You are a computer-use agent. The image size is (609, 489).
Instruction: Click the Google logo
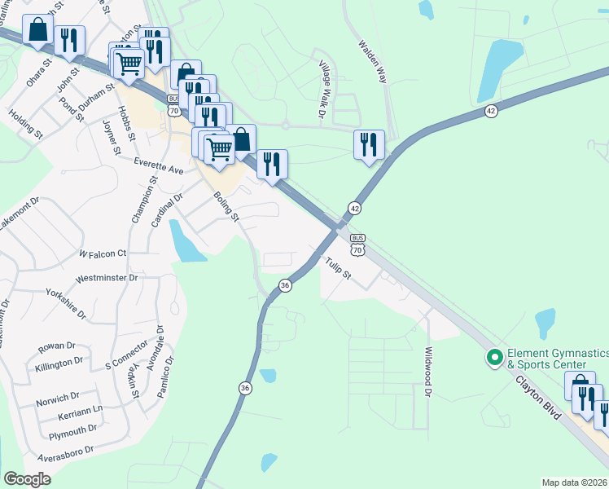pos(28,479)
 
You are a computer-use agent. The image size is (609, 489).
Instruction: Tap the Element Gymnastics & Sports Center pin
pos(493,358)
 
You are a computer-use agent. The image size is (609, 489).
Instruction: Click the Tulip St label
pos(337,268)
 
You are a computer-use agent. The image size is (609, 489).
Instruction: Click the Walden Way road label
pos(370,61)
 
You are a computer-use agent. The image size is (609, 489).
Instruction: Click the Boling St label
pos(226,207)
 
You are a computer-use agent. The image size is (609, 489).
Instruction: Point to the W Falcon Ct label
pos(103,253)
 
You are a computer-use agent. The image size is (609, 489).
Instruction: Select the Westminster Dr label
pos(106,278)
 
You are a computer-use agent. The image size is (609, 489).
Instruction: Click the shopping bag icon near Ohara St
pos(37,30)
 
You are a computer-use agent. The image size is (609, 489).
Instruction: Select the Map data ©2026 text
pos(575,482)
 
